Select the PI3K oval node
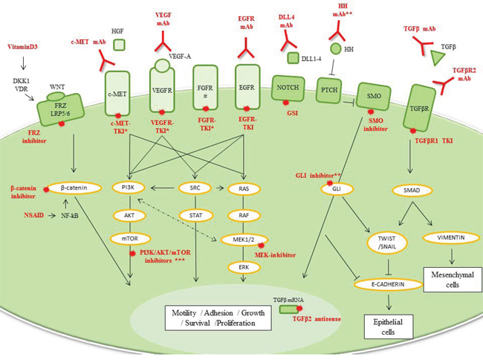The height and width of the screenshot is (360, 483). pos(127,189)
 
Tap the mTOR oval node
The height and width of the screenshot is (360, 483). pos(127,240)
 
